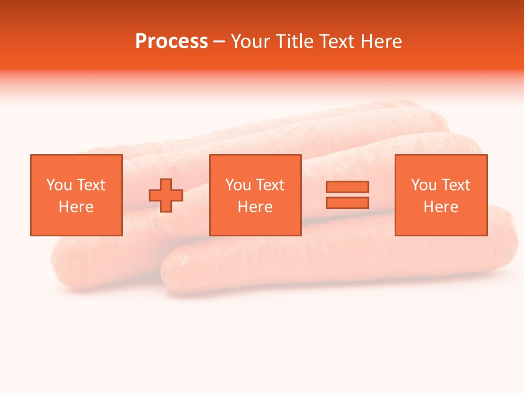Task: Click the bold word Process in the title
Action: coord(171,41)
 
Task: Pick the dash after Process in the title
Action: coord(219,42)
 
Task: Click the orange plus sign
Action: coord(166,195)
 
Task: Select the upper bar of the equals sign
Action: coord(347,187)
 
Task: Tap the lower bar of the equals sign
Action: coord(347,203)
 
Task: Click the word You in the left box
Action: coord(58,185)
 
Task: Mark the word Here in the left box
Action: coord(76,207)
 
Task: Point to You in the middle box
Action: coord(238,185)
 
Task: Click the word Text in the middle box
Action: coord(270,185)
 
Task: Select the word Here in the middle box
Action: coord(255,207)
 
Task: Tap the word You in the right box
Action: coord(424,185)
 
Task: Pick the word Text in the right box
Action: coord(455,185)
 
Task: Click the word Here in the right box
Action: coord(440,207)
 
